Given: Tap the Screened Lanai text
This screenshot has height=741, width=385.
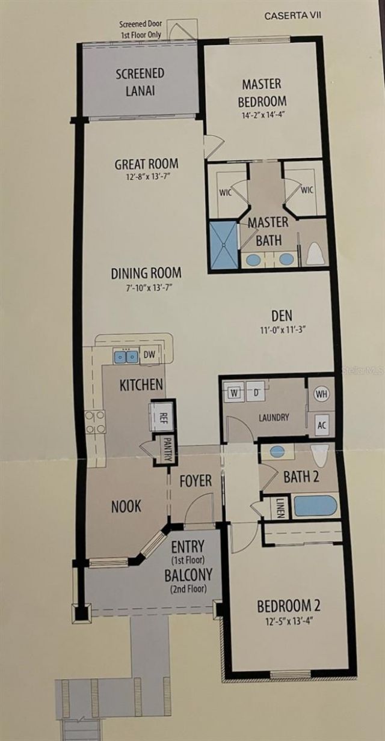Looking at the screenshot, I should pyautogui.click(x=140, y=82).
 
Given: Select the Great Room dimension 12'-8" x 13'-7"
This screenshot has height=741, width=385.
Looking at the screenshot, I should pyautogui.click(x=146, y=178).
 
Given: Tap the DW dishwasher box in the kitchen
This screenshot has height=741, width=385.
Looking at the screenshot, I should pyautogui.click(x=149, y=355).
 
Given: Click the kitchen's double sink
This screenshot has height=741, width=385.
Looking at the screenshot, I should pyautogui.click(x=126, y=356).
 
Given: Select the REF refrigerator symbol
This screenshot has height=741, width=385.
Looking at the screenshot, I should pyautogui.click(x=161, y=416).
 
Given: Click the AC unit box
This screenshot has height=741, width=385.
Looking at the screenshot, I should pyautogui.click(x=322, y=425).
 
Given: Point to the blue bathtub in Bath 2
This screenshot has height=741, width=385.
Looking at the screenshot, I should pyautogui.click(x=315, y=505).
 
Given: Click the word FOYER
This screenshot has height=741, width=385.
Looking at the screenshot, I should pyautogui.click(x=196, y=481).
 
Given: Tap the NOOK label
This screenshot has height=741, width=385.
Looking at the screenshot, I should pyautogui.click(x=126, y=506).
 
